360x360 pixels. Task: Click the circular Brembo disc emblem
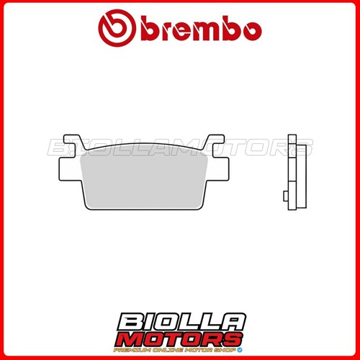(117, 28)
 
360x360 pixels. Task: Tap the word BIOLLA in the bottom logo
(181, 322)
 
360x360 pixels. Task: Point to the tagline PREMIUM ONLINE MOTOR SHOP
(175, 350)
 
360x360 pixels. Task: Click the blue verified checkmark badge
(240, 350)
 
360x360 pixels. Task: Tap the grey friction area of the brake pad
(144, 180)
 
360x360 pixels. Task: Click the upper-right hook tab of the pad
(215, 142)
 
